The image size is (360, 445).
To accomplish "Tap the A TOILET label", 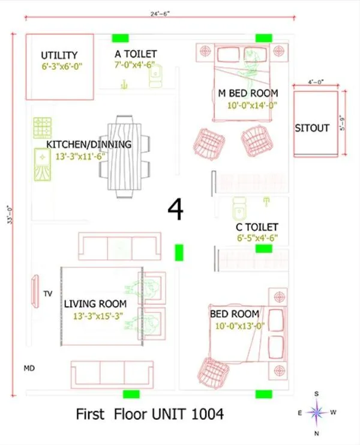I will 136,54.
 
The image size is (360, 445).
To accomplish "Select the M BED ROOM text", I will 248,93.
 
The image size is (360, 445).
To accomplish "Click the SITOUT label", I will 312,128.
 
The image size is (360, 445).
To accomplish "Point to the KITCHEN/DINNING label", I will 89,145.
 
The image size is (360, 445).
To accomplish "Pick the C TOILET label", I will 257,227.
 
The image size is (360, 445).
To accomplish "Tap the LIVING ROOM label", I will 95,304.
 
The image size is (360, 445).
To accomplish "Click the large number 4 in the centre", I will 175,210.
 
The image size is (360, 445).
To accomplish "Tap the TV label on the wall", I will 48,294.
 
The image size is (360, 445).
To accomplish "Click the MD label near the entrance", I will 29,367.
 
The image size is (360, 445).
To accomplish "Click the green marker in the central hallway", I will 178,253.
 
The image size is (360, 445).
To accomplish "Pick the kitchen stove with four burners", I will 43,127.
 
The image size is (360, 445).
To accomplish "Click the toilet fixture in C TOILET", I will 239,207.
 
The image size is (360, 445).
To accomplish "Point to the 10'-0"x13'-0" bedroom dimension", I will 240,326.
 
